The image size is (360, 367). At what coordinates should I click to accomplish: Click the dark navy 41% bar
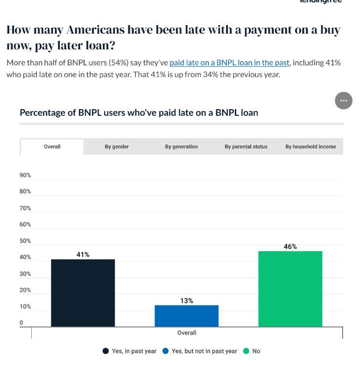click(x=83, y=293)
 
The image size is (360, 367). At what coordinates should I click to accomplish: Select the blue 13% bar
click(x=186, y=316)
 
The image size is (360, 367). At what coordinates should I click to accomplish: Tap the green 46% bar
click(x=290, y=289)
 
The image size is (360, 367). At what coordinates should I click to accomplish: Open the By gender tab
click(x=117, y=147)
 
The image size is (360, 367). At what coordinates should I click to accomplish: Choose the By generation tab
click(x=181, y=147)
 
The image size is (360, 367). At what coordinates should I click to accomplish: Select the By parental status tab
click(x=246, y=147)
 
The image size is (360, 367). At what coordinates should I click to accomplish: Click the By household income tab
click(x=311, y=147)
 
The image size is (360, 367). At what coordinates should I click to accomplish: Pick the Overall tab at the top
click(x=52, y=147)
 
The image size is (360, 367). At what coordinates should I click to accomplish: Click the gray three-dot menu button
click(x=344, y=100)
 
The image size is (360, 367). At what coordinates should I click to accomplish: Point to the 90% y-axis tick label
click(x=25, y=175)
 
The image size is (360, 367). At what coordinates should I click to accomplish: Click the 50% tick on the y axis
click(x=25, y=241)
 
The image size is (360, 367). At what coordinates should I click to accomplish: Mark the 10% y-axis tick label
click(x=25, y=307)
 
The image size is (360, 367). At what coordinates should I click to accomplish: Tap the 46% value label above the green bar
click(x=290, y=247)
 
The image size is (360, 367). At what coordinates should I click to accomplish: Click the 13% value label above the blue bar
click(x=186, y=301)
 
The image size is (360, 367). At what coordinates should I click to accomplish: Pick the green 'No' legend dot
click(x=246, y=351)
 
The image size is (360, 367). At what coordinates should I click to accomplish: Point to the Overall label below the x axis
click(x=186, y=333)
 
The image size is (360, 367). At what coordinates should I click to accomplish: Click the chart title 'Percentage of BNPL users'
click(x=139, y=113)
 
